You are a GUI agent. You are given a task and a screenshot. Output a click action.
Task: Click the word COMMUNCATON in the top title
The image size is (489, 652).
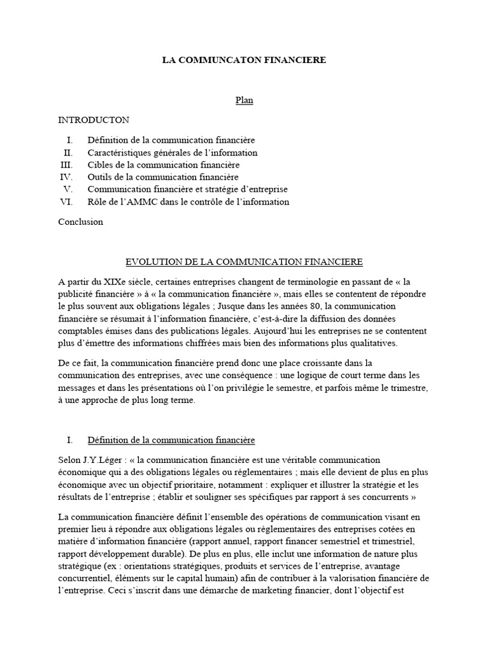223,60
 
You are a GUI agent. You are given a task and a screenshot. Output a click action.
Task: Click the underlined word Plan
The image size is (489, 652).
244,101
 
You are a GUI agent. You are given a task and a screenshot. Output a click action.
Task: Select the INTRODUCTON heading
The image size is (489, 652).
94,120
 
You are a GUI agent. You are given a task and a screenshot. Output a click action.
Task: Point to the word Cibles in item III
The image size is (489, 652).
99,164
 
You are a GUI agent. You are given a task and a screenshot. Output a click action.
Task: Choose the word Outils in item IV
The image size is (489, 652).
100,177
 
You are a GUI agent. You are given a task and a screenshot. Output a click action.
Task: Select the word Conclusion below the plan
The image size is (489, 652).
80,222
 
